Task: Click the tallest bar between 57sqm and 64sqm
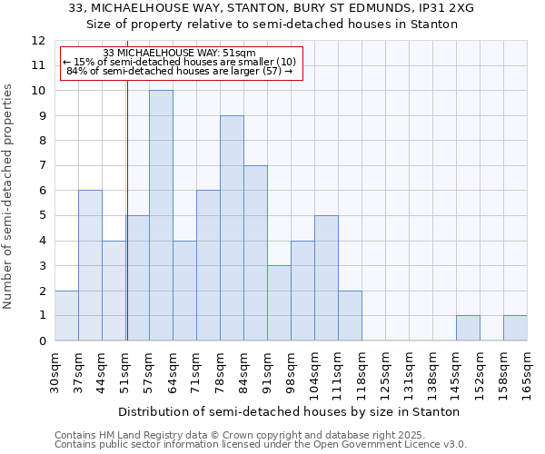[x=161, y=215]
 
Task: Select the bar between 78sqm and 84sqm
[x=232, y=228]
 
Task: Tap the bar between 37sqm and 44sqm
[x=90, y=265]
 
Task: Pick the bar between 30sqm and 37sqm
[x=66, y=315]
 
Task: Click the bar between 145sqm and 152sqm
[x=468, y=328]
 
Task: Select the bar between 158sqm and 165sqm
[x=515, y=328]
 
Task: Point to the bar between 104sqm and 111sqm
[x=326, y=278]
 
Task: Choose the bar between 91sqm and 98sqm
[x=279, y=302]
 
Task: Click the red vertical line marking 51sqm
[x=127, y=227]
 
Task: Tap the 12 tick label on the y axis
[x=38, y=41]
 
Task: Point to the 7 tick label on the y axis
[x=42, y=166]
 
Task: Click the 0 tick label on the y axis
[x=42, y=340]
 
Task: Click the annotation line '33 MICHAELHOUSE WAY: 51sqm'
[x=179, y=53]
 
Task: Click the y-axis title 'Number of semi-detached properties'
[x=9, y=196]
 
